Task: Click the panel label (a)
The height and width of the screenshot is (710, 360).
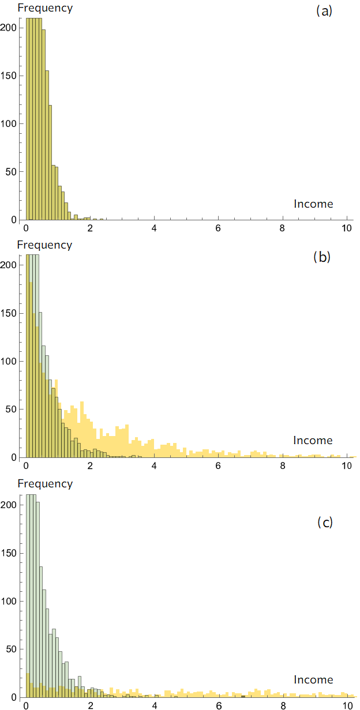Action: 324,11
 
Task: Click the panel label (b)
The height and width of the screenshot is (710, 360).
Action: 321,257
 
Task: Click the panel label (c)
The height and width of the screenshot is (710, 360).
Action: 325,523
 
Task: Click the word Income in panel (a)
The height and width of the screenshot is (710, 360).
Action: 313,204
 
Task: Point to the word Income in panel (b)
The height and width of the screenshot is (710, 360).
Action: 313,441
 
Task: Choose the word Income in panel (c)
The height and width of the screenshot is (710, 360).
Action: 313,679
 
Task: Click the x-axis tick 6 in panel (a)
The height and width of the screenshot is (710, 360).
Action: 219,227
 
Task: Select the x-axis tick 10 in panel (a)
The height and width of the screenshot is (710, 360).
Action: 346,227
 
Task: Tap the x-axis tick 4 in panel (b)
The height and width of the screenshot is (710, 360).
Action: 155,465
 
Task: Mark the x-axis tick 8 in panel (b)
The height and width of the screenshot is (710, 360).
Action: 283,465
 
